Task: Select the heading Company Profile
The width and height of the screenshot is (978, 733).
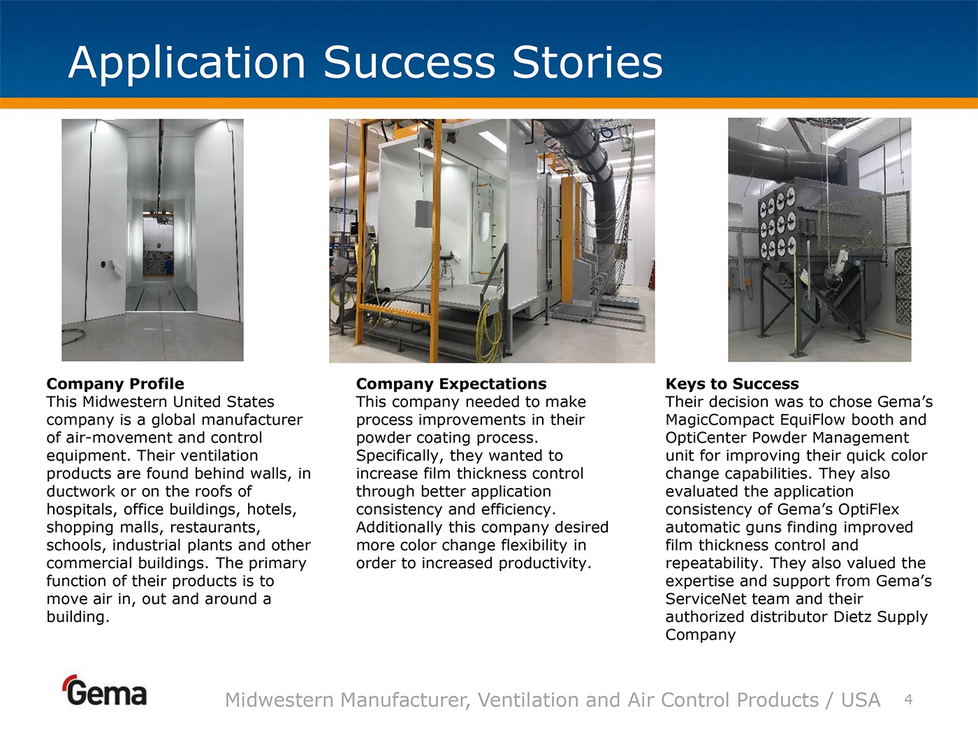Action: pos(115,384)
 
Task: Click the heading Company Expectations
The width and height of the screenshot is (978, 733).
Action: pos(451,384)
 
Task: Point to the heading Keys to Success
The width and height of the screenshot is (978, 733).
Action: pos(732,384)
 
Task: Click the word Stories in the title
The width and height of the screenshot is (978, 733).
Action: pos(587,62)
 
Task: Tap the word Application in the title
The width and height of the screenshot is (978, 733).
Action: pos(187,64)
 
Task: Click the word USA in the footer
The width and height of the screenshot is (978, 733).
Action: pos(861,700)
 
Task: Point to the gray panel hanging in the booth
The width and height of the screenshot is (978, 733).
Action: pos(424,214)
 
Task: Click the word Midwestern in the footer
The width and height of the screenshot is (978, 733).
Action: pos(279,700)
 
